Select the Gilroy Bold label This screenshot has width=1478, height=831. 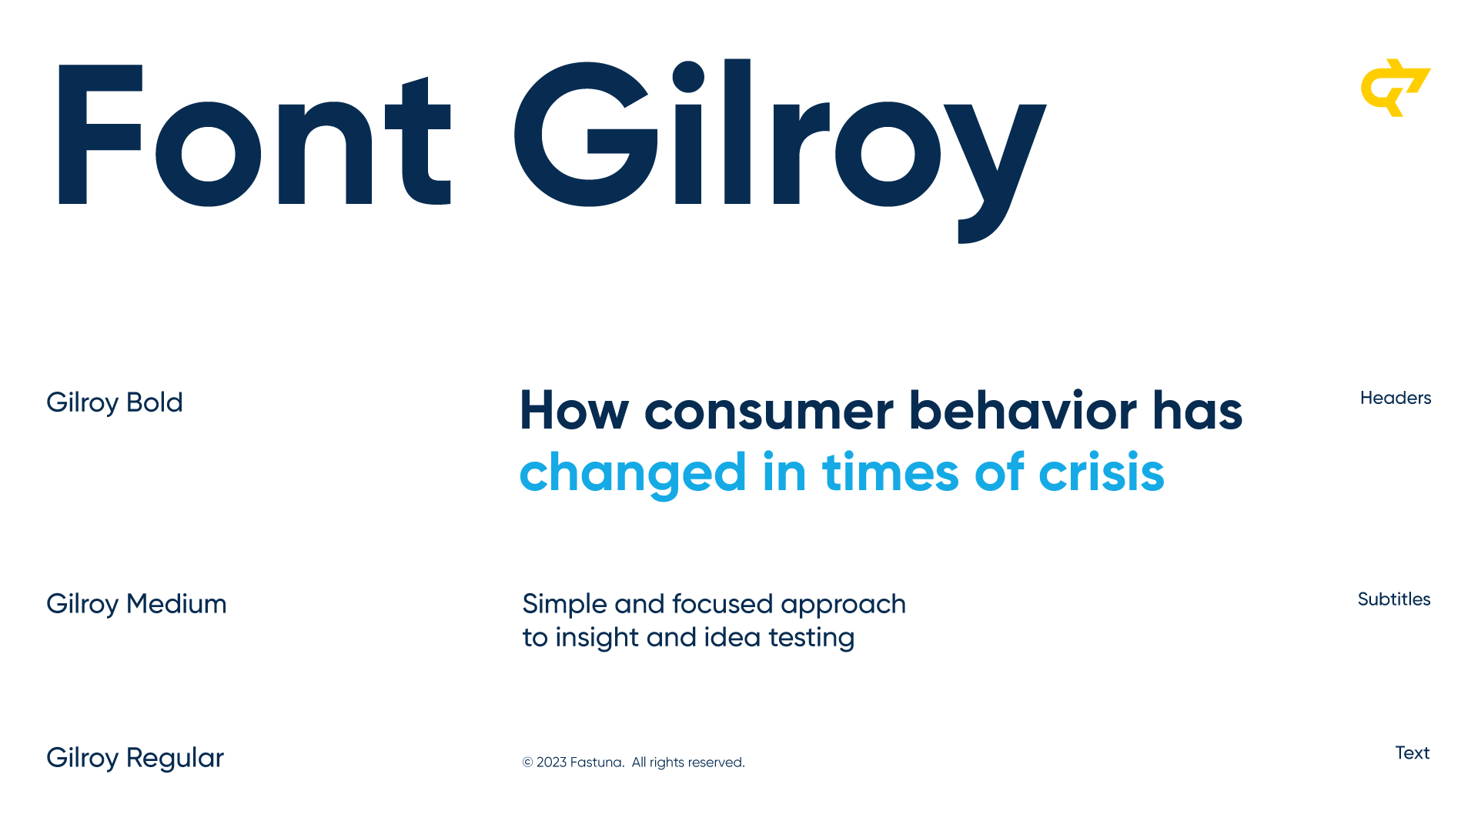coord(115,403)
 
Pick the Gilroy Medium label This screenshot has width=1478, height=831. coord(136,605)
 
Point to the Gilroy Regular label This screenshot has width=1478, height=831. coord(135,759)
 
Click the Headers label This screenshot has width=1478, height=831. coord(1396,398)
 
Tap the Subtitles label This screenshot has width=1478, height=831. coord(1394,599)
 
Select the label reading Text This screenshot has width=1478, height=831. coord(1413,753)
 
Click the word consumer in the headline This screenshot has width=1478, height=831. coord(769,412)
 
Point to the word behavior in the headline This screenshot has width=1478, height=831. coord(1023,410)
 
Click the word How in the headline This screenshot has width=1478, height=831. coord(574,411)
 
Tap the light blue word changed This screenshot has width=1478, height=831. coord(633,474)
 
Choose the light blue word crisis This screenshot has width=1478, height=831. coord(1102,472)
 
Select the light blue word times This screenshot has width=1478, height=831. coord(891,472)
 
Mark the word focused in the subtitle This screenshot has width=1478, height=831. coord(723,604)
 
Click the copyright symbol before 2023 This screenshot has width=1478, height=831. coord(527,763)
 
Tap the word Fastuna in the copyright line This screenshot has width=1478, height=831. coord(597,763)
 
